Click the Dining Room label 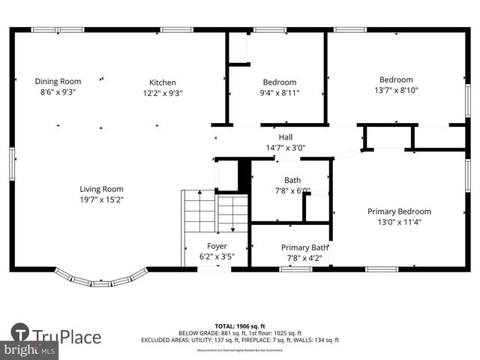coord(58,81)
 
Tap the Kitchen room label coord(163,82)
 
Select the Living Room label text coord(102,189)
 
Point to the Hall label coord(286,137)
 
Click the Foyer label coord(217,245)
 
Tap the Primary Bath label coord(304,247)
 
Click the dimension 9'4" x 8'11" coord(279,93)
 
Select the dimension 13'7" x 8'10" coord(396,91)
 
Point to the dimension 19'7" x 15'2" coord(102,200)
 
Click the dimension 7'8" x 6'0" coord(292,190)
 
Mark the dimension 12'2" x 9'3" coord(163,93)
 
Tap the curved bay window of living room coord(103,279)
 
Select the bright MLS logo coord(29,349)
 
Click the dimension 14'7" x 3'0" coord(286,148)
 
